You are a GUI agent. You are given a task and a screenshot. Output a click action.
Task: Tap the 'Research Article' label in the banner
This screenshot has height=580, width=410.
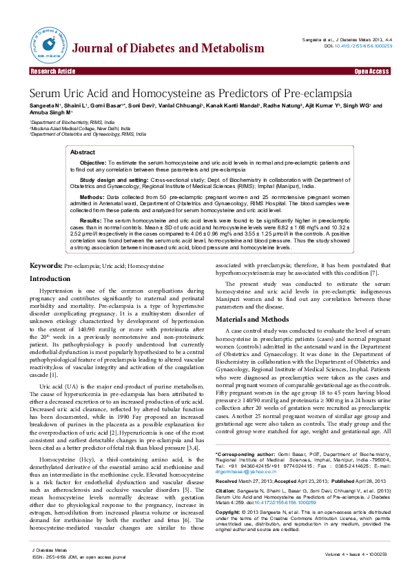pyautogui.click(x=52, y=72)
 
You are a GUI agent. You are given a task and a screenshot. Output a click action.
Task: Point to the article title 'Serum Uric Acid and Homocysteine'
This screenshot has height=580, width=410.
pyautogui.click(x=190, y=93)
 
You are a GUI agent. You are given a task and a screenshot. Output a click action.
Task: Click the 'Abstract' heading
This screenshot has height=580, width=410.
pyautogui.click(x=83, y=152)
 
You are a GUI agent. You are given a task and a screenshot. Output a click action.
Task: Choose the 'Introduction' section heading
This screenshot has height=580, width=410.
pyautogui.click(x=49, y=279)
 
